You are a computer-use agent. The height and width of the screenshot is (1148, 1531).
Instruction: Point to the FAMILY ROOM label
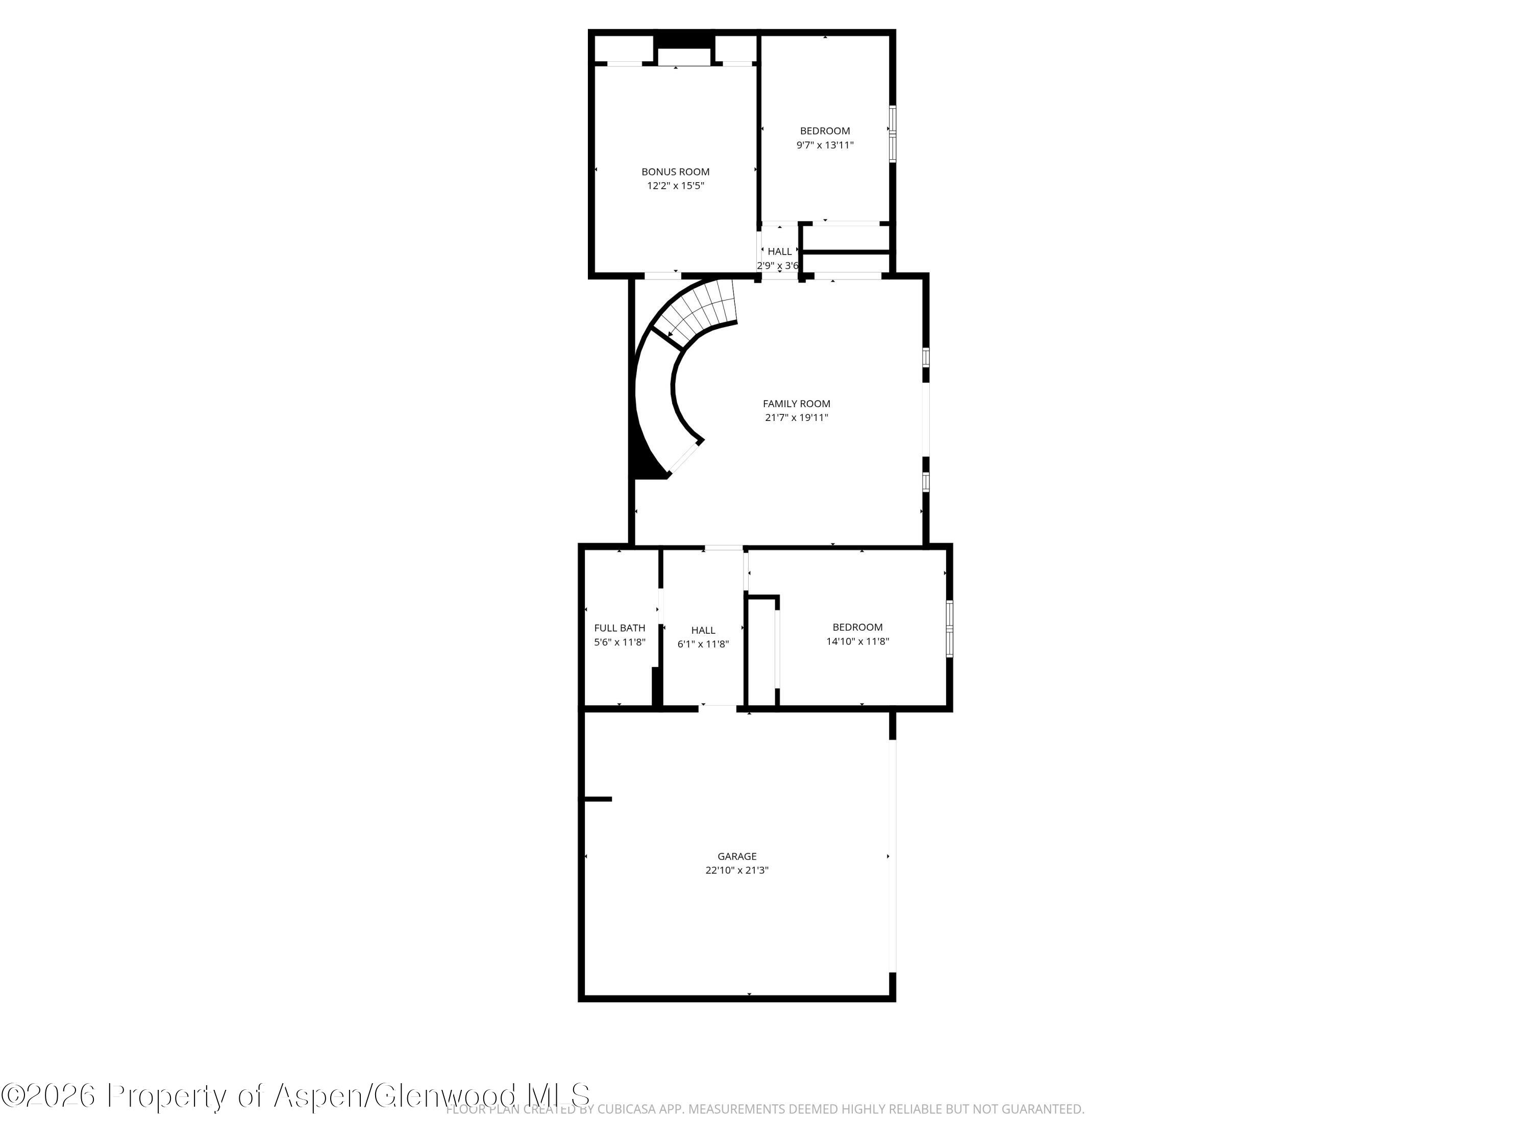pos(796,404)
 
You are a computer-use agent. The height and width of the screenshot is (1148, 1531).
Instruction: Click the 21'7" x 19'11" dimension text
pos(796,417)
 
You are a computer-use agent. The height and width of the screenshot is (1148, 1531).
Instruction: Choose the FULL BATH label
pos(620,628)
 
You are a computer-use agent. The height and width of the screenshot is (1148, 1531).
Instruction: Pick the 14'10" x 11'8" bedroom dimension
pos(857,641)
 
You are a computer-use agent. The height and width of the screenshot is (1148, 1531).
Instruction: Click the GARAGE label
pos(736,856)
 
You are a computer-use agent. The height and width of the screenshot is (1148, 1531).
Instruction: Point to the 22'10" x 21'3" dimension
pos(736,870)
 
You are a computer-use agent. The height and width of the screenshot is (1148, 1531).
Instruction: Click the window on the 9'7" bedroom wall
pos(892,134)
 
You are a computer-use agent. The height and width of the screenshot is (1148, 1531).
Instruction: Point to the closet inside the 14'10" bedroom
pos(761,651)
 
